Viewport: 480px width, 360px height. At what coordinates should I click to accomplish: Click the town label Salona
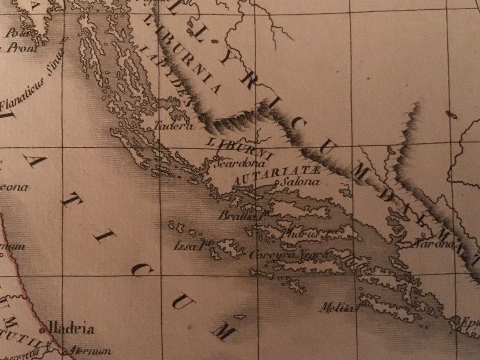[300, 182]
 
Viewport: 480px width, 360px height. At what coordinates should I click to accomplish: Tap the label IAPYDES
[164, 77]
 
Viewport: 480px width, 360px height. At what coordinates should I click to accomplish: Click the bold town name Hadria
[70, 329]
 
